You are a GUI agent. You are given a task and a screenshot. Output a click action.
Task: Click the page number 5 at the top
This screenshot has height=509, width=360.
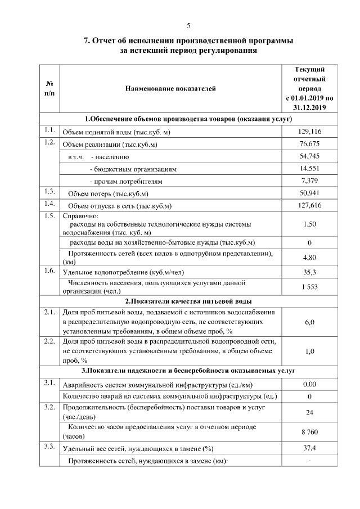click(x=189, y=25)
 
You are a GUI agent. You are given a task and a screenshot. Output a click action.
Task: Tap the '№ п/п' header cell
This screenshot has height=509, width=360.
click(x=49, y=88)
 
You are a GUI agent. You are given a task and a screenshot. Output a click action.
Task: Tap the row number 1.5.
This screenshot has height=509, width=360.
click(x=49, y=216)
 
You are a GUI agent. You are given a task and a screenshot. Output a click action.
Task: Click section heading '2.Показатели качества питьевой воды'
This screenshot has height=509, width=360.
click(x=188, y=301)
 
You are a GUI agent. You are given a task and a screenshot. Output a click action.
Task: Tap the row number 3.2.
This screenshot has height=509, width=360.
click(x=49, y=407)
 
